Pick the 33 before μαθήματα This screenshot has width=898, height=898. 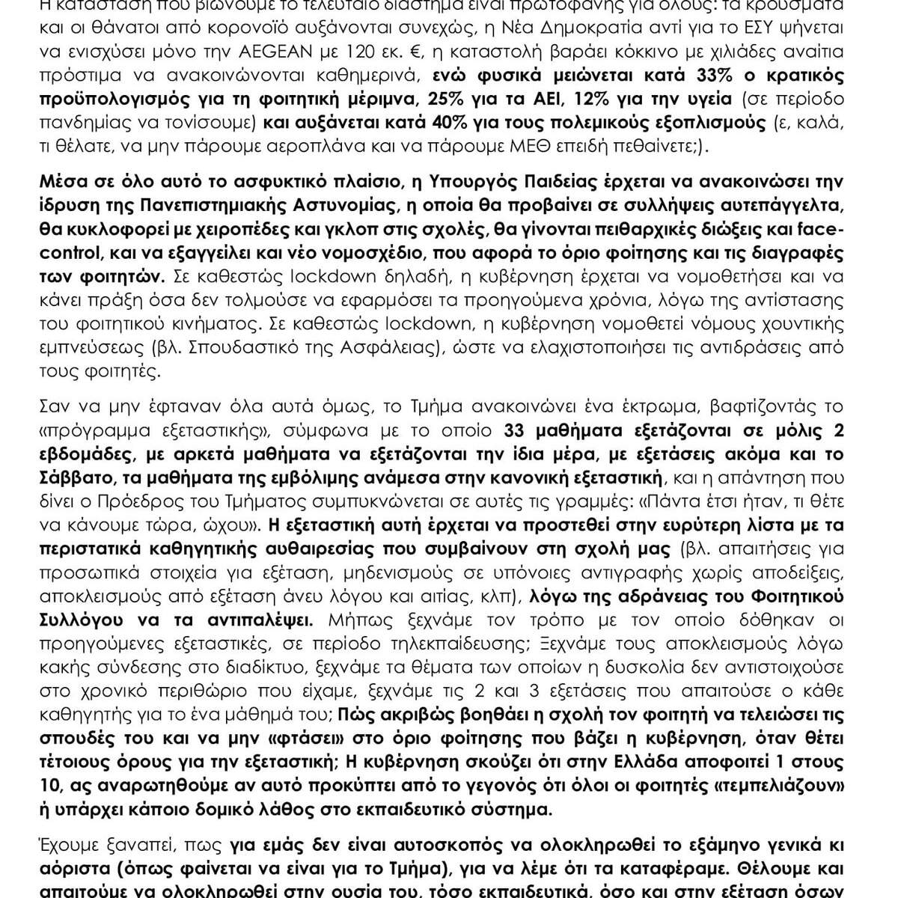pos(502,430)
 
